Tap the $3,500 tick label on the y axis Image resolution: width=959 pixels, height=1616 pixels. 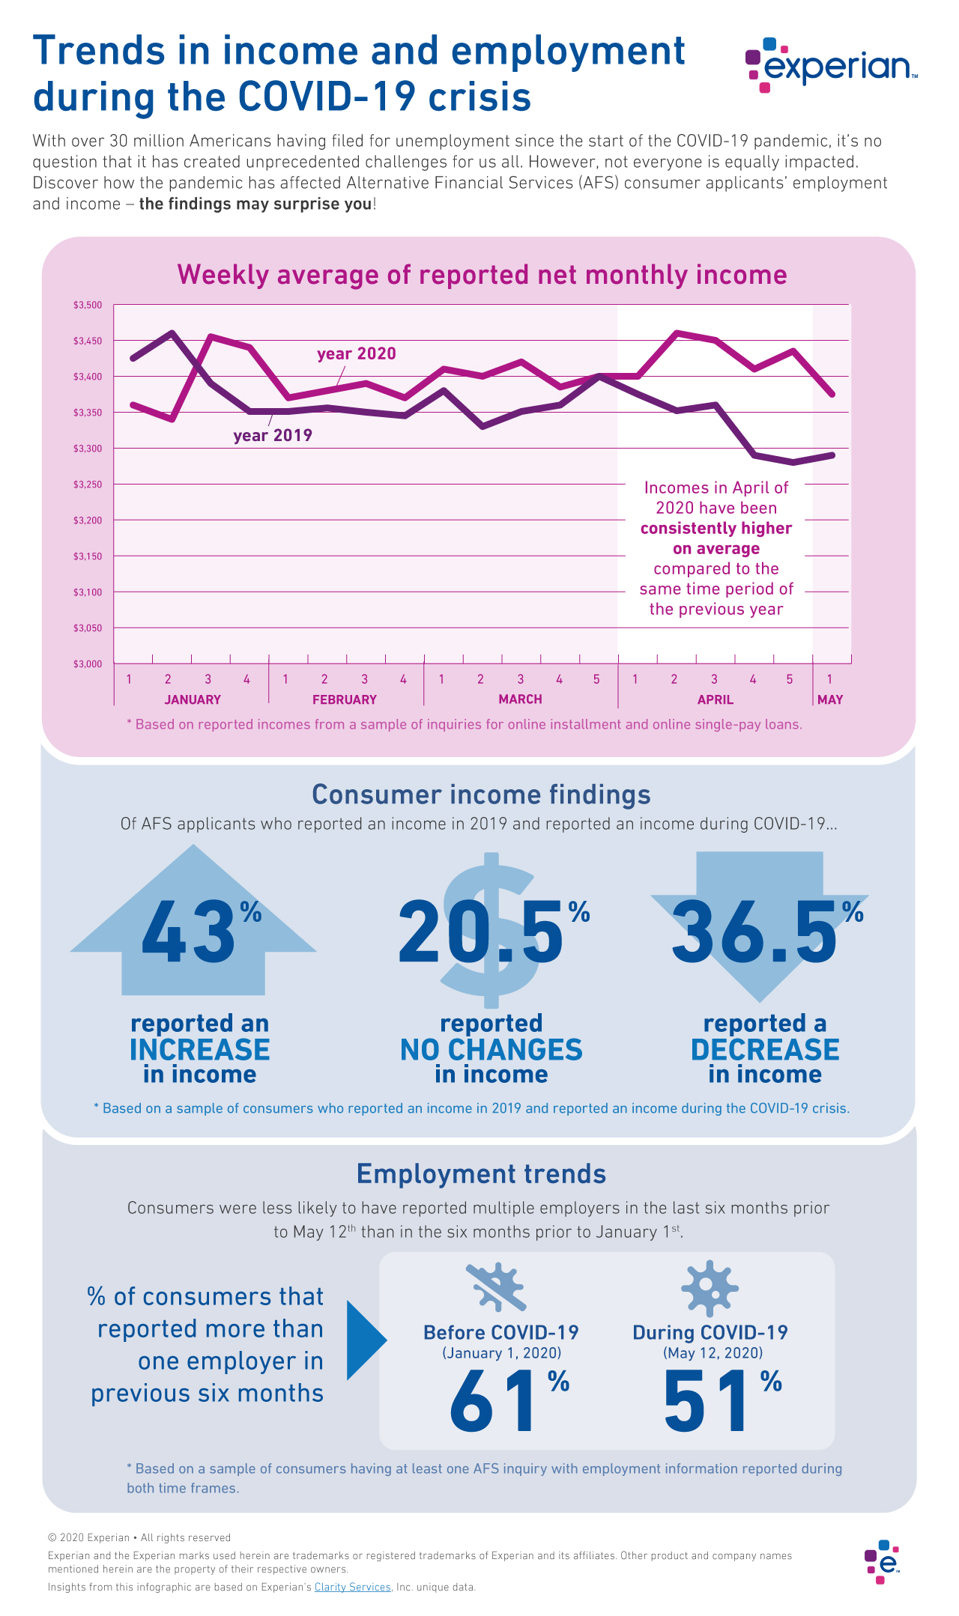[x=87, y=306]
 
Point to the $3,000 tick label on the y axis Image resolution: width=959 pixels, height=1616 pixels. [x=87, y=664]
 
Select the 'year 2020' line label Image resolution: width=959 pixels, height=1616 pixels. [x=356, y=353]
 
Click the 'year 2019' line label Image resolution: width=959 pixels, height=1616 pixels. [x=273, y=436]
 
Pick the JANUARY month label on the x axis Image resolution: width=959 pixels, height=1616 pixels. [x=193, y=699]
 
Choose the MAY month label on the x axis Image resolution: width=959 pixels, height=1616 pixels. [x=829, y=699]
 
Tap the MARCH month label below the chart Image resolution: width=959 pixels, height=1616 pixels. [x=520, y=699]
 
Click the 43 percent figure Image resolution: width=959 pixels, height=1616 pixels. [x=191, y=932]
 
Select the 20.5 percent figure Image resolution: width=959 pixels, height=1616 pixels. [x=483, y=932]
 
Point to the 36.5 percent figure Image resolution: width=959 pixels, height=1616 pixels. [x=757, y=932]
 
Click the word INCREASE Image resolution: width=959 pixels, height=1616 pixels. [x=199, y=1050]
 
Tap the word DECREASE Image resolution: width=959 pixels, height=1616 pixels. [x=765, y=1050]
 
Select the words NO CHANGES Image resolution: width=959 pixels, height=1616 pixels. [x=491, y=1050]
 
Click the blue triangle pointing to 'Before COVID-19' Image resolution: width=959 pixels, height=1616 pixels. [x=365, y=1340]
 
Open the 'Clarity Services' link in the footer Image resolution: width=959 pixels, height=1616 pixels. [x=352, y=1587]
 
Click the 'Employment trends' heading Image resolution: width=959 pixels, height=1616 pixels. [x=481, y=1173]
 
